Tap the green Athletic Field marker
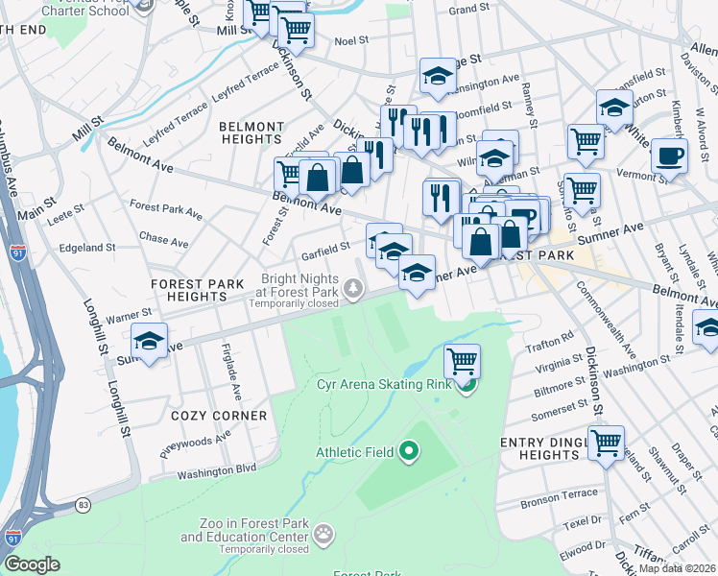click(410, 449)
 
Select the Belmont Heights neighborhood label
click(251, 132)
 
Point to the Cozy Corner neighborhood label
click(219, 416)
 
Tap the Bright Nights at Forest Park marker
click(355, 287)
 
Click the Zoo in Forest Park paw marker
click(325, 531)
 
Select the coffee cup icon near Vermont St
click(669, 155)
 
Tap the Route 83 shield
click(84, 504)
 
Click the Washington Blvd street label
click(217, 469)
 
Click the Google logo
click(32, 564)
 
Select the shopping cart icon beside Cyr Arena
click(463, 361)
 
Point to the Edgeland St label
click(87, 247)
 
